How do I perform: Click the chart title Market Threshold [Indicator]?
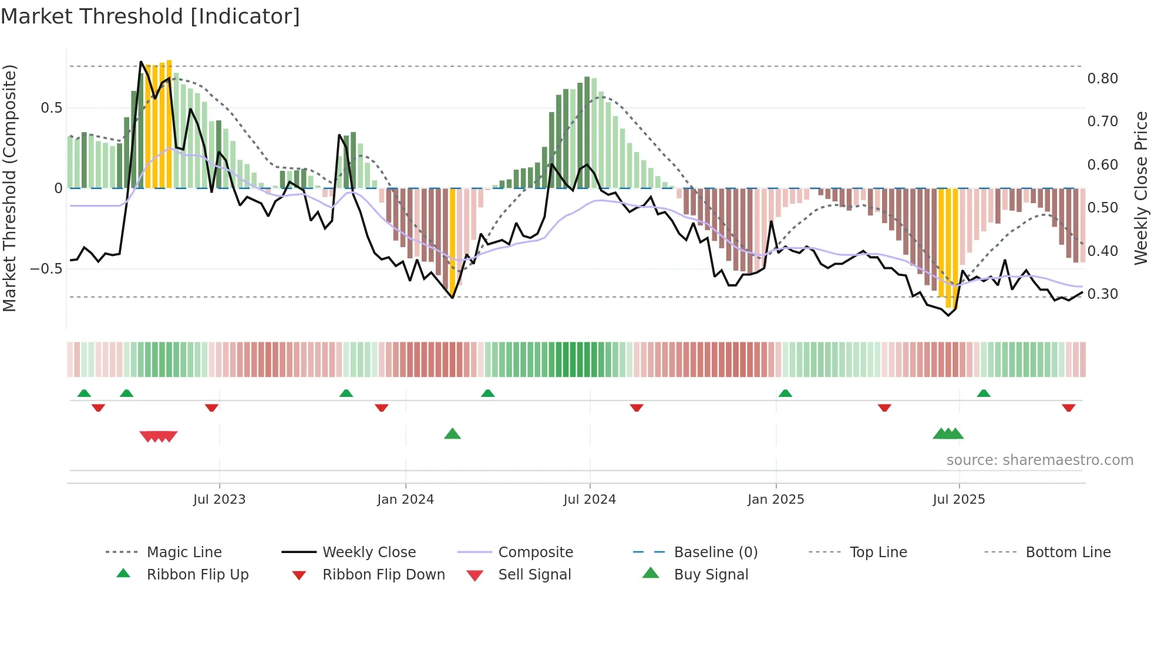(x=150, y=16)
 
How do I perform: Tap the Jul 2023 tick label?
(x=219, y=500)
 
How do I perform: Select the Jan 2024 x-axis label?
(x=405, y=500)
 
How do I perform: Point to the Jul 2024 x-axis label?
(x=590, y=500)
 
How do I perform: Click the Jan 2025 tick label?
(x=776, y=500)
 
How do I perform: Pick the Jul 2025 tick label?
(x=959, y=500)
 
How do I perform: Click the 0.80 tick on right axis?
(x=1102, y=79)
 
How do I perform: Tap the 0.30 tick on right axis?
(x=1102, y=294)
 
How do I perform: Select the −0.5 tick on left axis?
(x=46, y=269)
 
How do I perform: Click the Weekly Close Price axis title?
(x=1140, y=188)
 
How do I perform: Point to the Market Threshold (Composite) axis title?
(x=9, y=188)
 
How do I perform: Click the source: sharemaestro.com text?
(x=1039, y=460)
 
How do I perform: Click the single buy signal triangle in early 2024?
(x=452, y=434)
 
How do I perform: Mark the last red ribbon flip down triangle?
(x=1068, y=407)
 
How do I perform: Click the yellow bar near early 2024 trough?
(x=452, y=241)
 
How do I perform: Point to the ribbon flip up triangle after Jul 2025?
(x=984, y=393)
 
